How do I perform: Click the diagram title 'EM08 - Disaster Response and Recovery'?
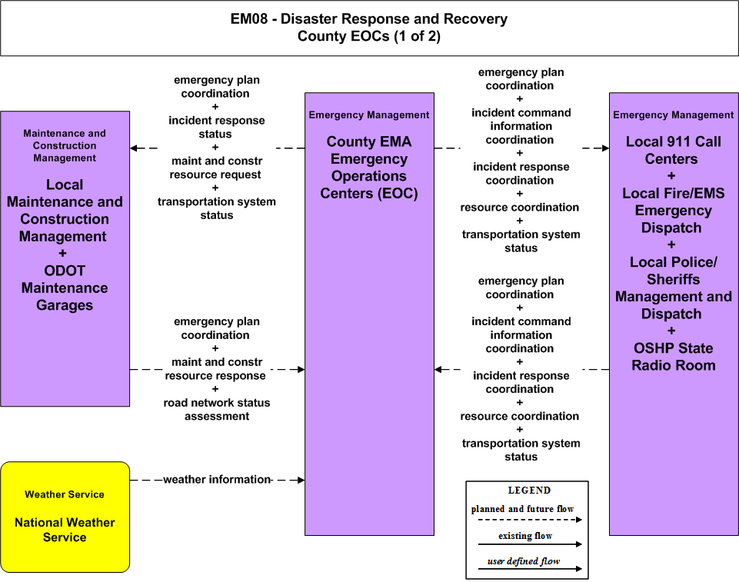[368, 19]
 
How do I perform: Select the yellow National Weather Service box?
[65, 517]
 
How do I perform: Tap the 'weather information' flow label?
[217, 479]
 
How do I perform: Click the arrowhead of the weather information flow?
[301, 480]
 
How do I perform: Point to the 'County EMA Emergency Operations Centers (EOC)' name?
[369, 168]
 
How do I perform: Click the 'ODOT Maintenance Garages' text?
[65, 288]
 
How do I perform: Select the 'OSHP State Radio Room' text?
[674, 356]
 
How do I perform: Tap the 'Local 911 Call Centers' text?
[674, 150]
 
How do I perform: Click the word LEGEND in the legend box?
[529, 490]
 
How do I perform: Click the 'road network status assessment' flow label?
[217, 410]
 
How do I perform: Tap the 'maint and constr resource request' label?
[216, 168]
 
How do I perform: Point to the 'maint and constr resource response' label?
[216, 369]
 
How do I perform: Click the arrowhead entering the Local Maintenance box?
[134, 148]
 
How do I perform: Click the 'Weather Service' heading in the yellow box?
[65, 494]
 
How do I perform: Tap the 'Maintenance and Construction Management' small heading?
[65, 145]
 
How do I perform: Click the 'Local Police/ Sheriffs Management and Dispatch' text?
[674, 288]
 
